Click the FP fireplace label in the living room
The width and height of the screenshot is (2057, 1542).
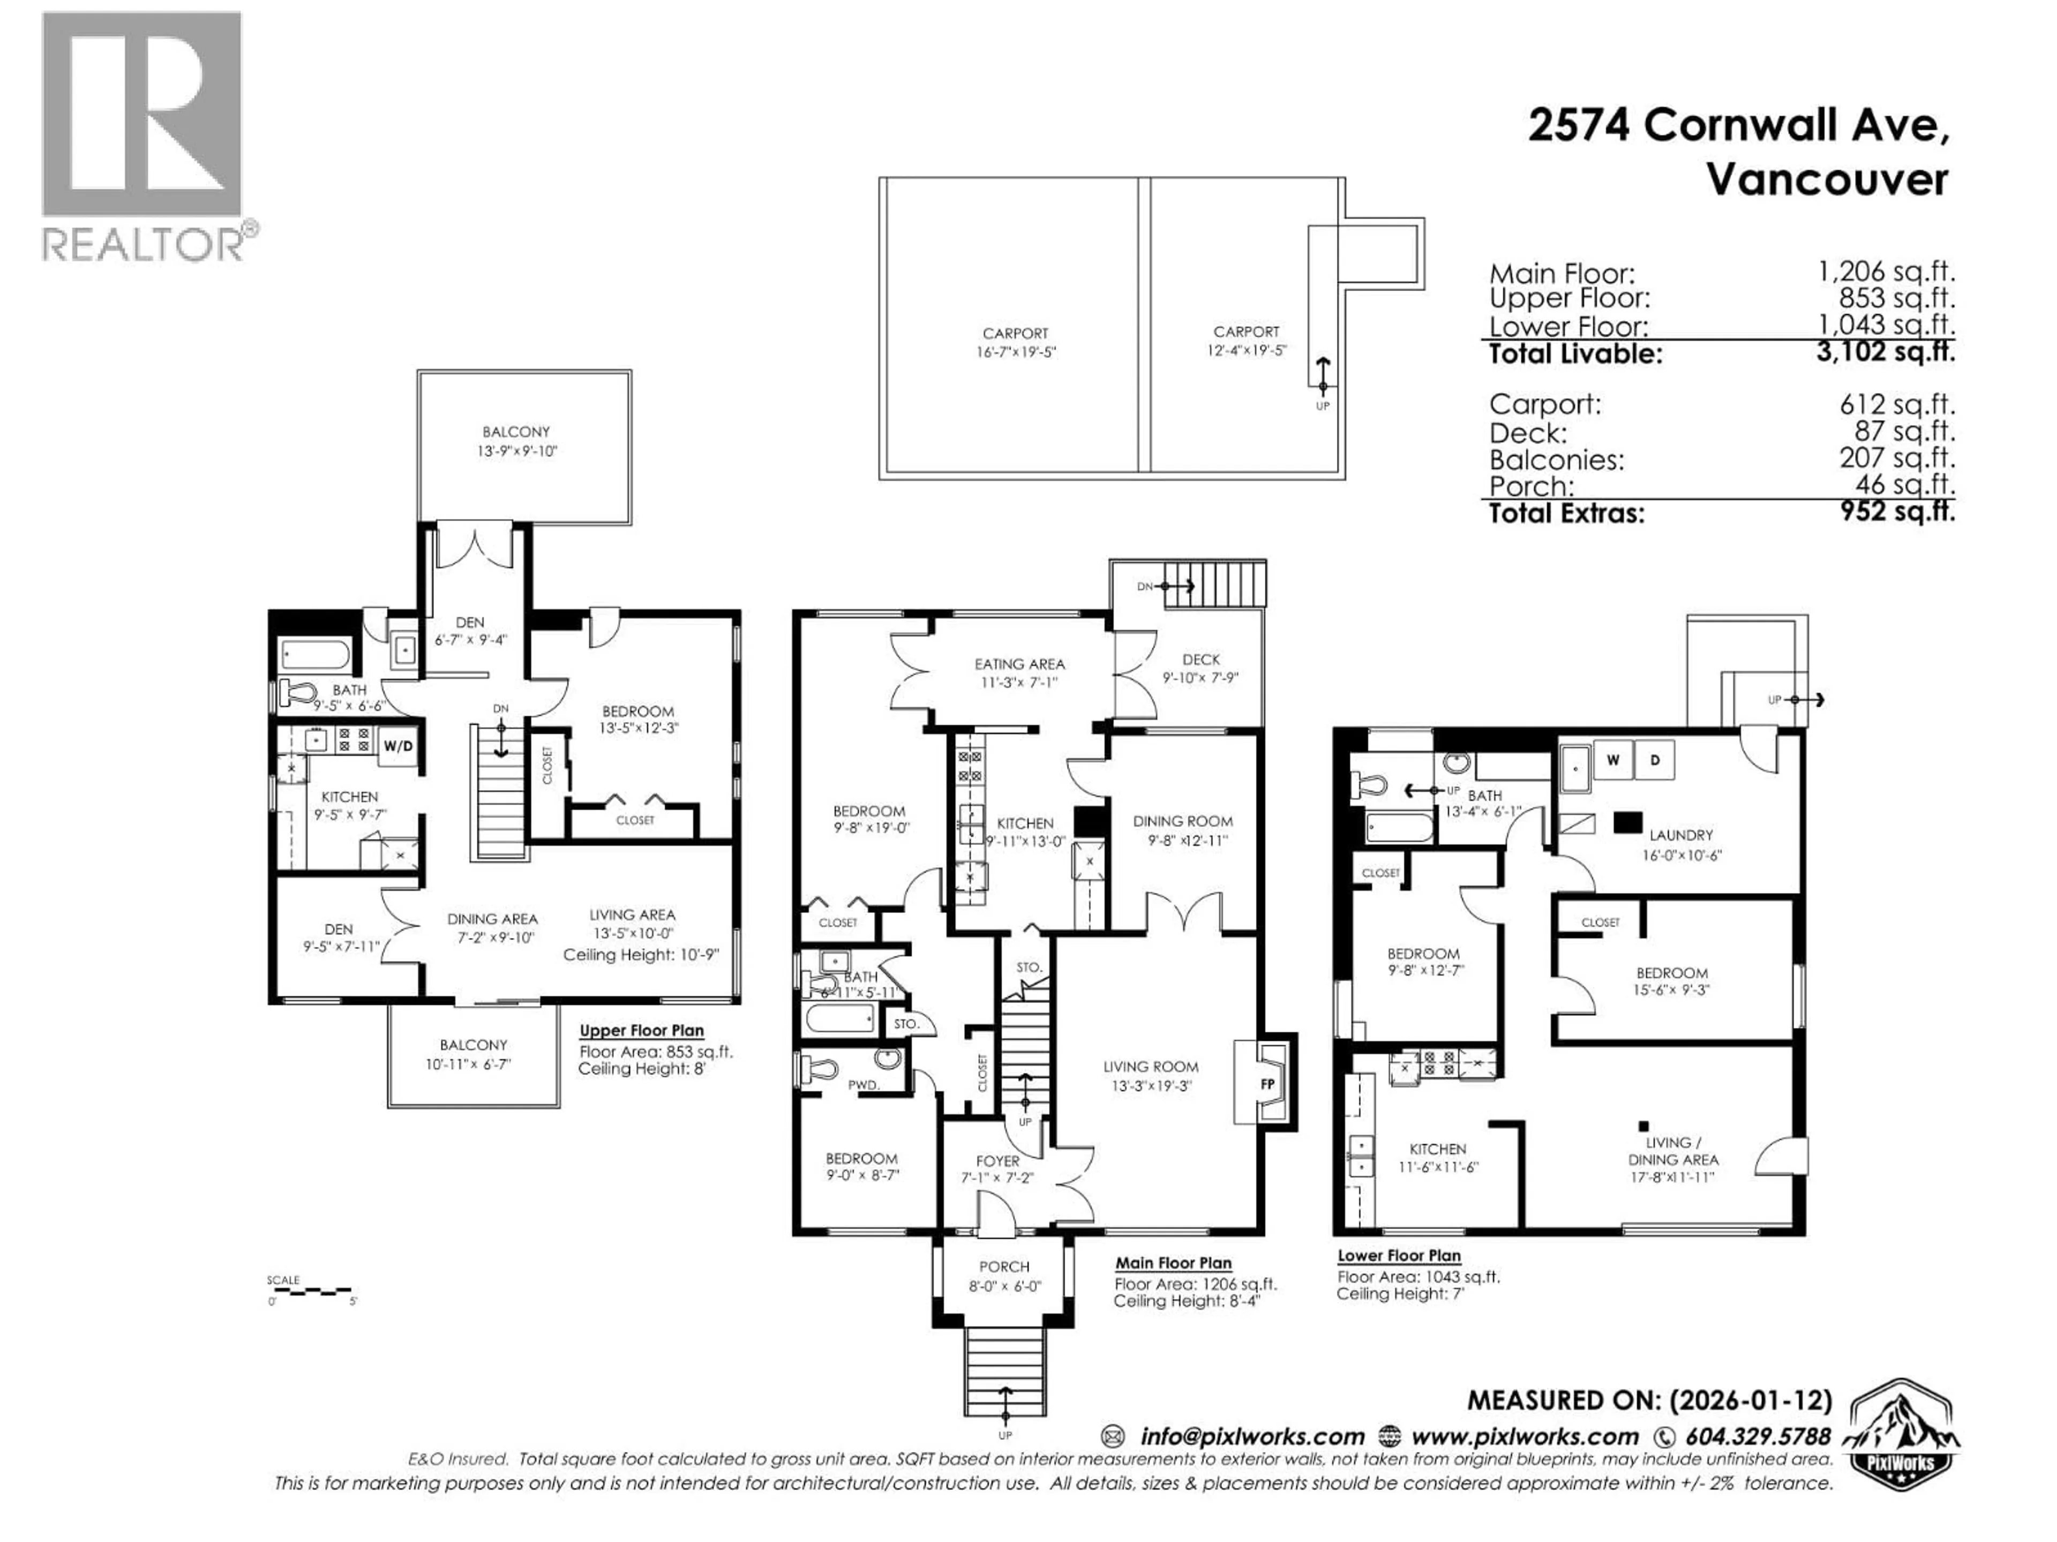click(x=1266, y=1084)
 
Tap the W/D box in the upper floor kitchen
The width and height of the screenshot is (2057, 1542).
click(x=398, y=746)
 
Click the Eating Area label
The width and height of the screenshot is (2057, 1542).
click(x=1019, y=663)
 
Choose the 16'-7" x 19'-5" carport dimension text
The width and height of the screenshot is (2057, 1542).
click(x=1015, y=352)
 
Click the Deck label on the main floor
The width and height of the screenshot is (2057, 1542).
click(x=1200, y=659)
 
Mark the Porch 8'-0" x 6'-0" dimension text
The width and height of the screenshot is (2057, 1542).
click(x=1004, y=1287)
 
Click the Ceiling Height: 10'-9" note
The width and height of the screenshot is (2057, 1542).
click(x=641, y=955)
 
